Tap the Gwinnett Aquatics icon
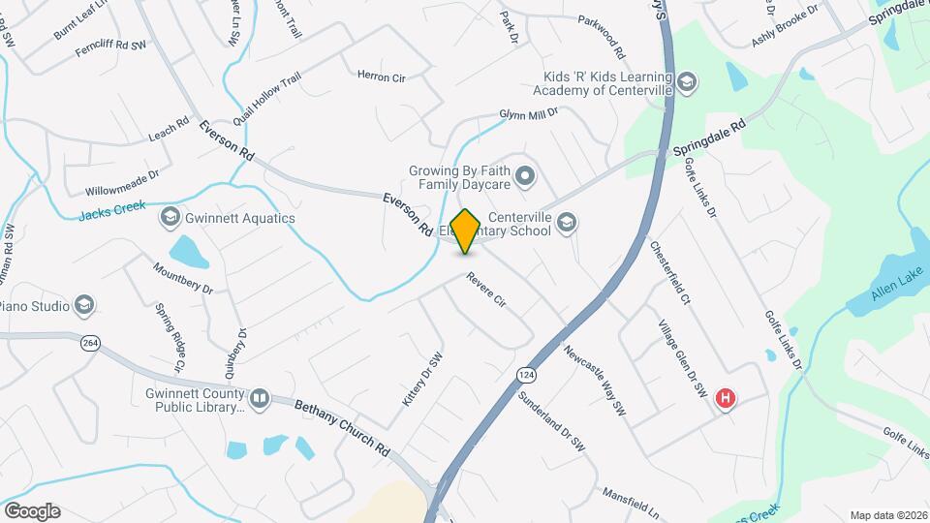point(171,218)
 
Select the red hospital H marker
point(724,398)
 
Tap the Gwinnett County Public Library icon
point(259,399)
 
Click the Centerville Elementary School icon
point(567,224)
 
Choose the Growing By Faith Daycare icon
point(525,176)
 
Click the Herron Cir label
point(381,76)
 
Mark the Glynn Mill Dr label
point(529,114)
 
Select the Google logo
point(31,510)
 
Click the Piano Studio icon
point(83,306)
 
